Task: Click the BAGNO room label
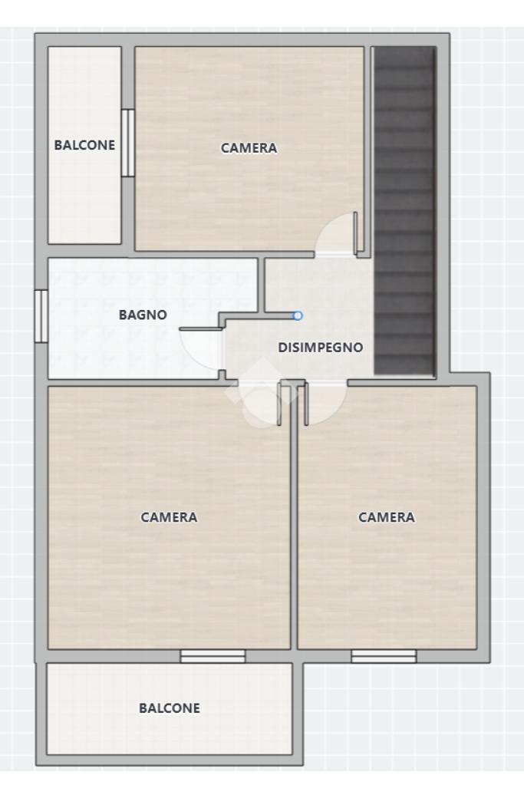coord(143,315)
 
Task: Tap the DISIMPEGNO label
coord(320,348)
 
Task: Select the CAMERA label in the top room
coord(249,148)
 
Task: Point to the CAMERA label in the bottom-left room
coord(169,517)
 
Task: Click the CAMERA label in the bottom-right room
coord(387,517)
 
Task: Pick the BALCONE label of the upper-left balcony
coord(84,145)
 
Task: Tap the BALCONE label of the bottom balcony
coord(169,708)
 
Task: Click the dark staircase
coord(404,210)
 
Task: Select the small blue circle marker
coord(298,315)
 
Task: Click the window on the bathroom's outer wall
coord(41,316)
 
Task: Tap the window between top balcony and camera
coord(128,143)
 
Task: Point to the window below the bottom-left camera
coord(213,656)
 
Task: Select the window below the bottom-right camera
coord(384,656)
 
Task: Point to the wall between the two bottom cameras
coord(295,516)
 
